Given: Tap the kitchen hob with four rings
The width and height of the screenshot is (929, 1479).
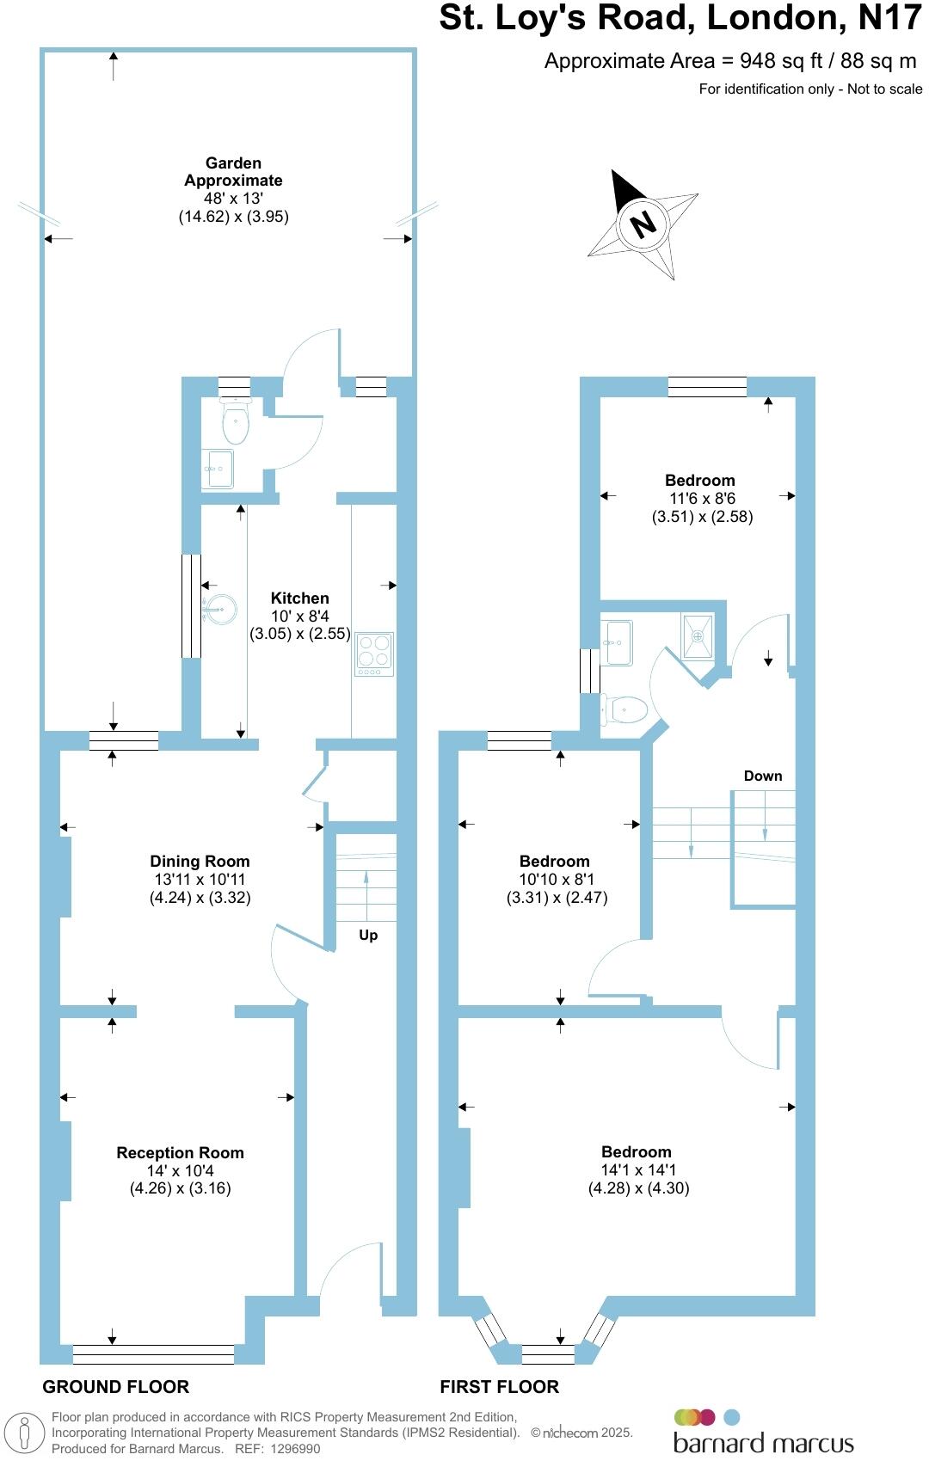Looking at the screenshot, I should (374, 654).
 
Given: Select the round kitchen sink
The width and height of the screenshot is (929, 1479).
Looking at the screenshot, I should (221, 610).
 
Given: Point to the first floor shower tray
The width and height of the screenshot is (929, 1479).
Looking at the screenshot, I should (698, 636).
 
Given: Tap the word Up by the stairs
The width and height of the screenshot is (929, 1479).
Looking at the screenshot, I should (368, 935).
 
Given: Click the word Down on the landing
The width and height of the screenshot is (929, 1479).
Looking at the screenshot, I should (763, 776).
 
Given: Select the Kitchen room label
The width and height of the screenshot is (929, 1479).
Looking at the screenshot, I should (299, 598).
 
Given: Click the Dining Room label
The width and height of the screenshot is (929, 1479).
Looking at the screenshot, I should (200, 861).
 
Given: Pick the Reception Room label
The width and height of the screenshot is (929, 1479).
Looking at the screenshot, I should (180, 1152).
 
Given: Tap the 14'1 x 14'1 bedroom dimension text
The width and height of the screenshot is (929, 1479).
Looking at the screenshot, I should (638, 1169).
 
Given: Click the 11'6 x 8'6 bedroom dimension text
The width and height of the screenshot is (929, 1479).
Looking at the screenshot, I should (702, 499).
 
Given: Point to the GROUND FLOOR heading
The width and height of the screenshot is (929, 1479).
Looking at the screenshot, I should (115, 1386).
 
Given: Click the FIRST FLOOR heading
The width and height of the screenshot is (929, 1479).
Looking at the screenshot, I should (499, 1386).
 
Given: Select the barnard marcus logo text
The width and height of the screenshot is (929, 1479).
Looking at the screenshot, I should (763, 1443).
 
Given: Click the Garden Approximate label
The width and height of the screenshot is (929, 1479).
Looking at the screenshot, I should (233, 171).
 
